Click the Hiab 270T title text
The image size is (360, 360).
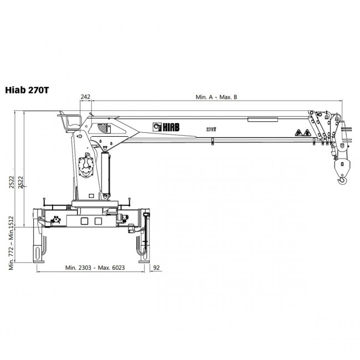click(x=27, y=90)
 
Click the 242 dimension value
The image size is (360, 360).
click(x=85, y=97)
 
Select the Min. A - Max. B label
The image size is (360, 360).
click(x=216, y=97)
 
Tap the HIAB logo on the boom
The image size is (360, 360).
click(x=166, y=127)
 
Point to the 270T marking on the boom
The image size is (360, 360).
click(x=211, y=130)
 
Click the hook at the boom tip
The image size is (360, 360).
click(x=342, y=180)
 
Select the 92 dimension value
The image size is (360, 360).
click(x=156, y=268)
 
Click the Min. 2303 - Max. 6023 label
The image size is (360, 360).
click(x=95, y=268)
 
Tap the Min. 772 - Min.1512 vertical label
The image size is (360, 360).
click(x=12, y=243)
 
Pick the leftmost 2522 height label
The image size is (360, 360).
click(x=12, y=182)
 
